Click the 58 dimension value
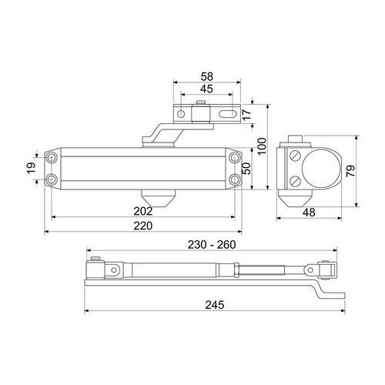(x=207, y=76)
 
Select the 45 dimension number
(x=206, y=89)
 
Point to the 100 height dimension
(x=262, y=146)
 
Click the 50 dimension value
(x=246, y=169)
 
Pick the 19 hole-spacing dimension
(x=32, y=168)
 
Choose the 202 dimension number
(x=143, y=211)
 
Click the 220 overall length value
(x=143, y=226)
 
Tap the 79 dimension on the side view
(x=350, y=171)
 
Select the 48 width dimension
(x=309, y=213)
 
